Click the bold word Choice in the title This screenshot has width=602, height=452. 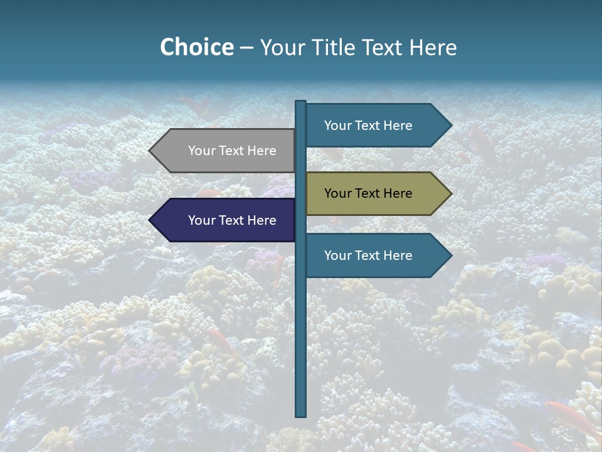pyautogui.click(x=196, y=47)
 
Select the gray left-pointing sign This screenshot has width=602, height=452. pyautogui.click(x=226, y=151)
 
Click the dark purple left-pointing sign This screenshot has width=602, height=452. pyautogui.click(x=226, y=220)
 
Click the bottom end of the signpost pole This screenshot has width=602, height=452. pyautogui.click(x=301, y=414)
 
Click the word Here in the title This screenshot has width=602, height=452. pyautogui.click(x=433, y=47)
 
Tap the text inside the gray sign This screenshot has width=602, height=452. pyautogui.click(x=232, y=151)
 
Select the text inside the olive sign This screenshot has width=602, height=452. pyautogui.click(x=368, y=193)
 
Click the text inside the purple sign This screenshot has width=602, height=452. pyautogui.click(x=232, y=220)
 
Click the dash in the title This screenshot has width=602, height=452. pyautogui.click(x=246, y=48)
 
